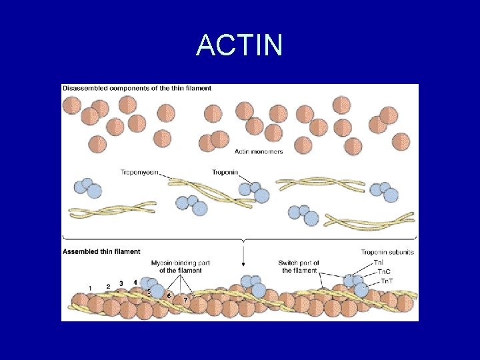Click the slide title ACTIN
click(239, 46)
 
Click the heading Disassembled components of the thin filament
click(137, 88)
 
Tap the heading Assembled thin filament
click(101, 251)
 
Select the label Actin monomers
click(259, 151)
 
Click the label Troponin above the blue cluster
click(225, 172)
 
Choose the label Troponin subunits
click(387, 252)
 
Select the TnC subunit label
click(384, 271)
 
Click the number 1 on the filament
click(90, 287)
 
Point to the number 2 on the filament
click(108, 285)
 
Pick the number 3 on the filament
click(121, 283)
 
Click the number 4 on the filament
click(135, 282)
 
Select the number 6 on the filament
click(169, 295)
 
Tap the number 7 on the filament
click(185, 300)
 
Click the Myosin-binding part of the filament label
click(181, 266)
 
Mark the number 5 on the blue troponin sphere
click(149, 291)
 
